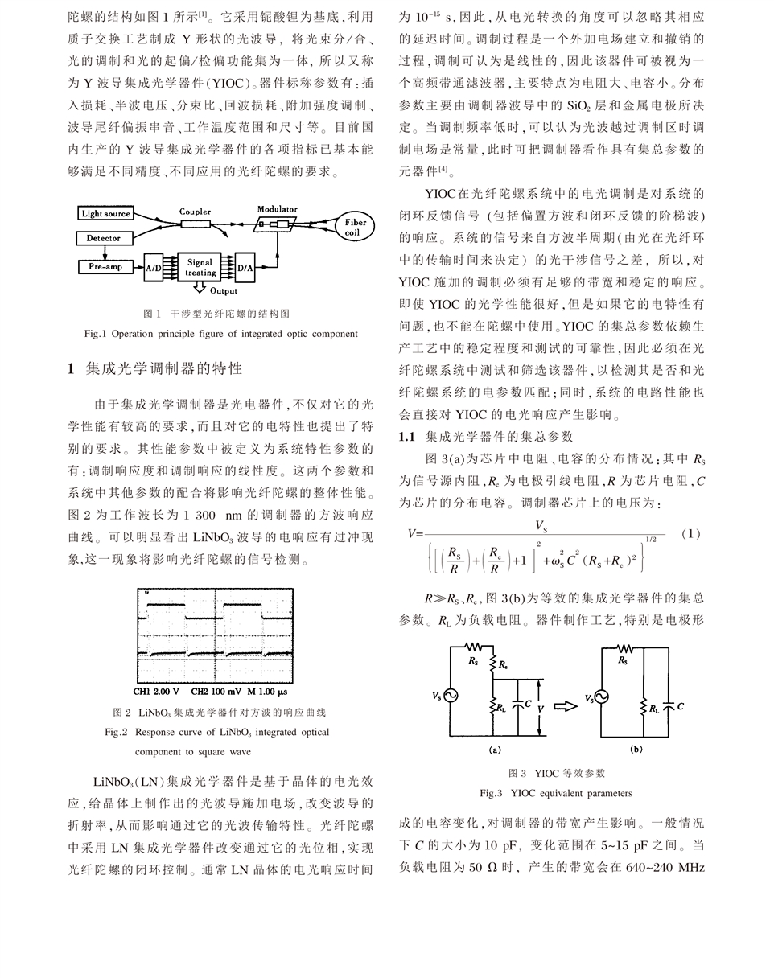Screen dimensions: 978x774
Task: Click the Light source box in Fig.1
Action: pyautogui.click(x=105, y=213)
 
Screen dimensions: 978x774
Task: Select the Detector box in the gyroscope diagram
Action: pyautogui.click(x=104, y=238)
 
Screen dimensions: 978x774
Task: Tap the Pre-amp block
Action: pyautogui.click(x=105, y=266)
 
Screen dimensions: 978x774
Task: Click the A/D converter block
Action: pyautogui.click(x=153, y=269)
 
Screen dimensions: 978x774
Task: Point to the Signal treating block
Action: pyautogui.click(x=200, y=268)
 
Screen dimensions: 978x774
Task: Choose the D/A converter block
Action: pyautogui.click(x=245, y=269)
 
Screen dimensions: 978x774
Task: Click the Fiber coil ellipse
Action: pyautogui.click(x=354, y=228)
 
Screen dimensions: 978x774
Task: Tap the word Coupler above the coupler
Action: pyautogui.click(x=195, y=212)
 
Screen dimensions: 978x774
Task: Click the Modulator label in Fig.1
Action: pyautogui.click(x=277, y=209)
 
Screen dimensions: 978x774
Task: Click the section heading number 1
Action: pyautogui.click(x=71, y=368)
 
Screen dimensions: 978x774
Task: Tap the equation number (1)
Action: pyautogui.click(x=690, y=533)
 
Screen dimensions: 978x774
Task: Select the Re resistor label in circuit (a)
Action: pyautogui.click(x=503, y=665)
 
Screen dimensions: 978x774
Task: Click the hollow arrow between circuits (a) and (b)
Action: pyautogui.click(x=566, y=706)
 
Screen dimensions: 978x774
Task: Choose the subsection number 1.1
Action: pyautogui.click(x=407, y=436)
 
